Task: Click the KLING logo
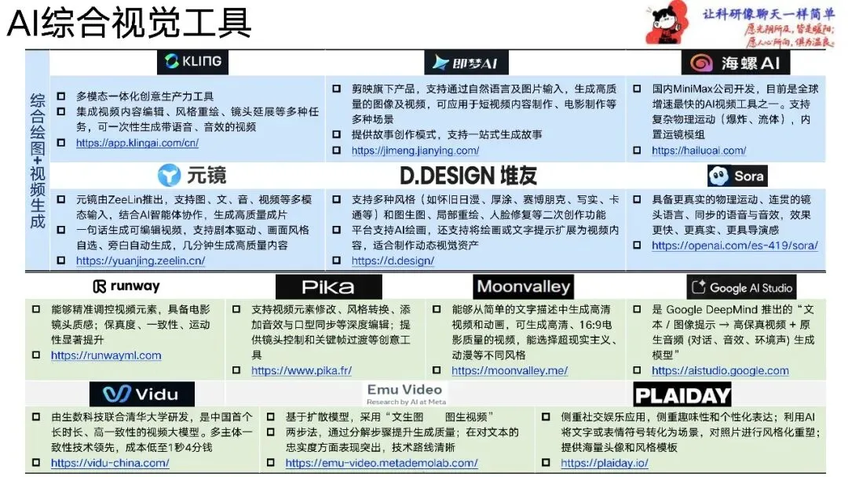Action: (x=193, y=61)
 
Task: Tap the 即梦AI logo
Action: (x=466, y=63)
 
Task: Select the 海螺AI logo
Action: (x=735, y=63)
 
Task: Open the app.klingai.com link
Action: (x=137, y=143)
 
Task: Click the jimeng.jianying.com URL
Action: (x=415, y=151)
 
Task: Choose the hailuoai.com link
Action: (x=699, y=151)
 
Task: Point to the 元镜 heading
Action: (x=192, y=175)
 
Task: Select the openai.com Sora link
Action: (x=734, y=246)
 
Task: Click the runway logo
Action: (x=126, y=286)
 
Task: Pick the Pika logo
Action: (x=328, y=287)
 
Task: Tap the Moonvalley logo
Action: (x=523, y=286)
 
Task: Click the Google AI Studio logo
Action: (x=741, y=288)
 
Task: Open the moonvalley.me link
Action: (x=510, y=370)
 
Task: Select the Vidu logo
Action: (x=141, y=394)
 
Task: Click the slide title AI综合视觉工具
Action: (x=130, y=24)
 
